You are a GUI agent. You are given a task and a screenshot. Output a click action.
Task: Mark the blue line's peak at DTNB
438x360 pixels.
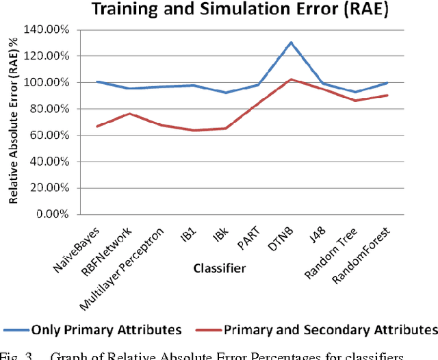291,42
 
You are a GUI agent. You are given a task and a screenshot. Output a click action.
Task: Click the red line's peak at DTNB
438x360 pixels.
291,79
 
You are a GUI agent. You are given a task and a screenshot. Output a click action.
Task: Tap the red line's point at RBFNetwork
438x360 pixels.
129,114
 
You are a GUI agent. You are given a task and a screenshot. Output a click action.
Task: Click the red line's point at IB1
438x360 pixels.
194,130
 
